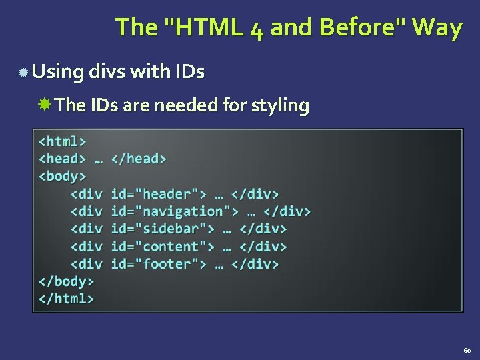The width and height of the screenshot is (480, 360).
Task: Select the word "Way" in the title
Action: pyautogui.click(x=437, y=27)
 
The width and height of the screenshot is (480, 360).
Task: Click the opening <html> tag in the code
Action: pyautogui.click(x=62, y=141)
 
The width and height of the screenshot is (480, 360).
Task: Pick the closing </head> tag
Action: pyautogui.click(x=139, y=159)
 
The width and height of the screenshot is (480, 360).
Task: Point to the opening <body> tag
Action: pyautogui.click(x=62, y=177)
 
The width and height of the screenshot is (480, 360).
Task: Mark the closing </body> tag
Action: pyautogui.click(x=66, y=281)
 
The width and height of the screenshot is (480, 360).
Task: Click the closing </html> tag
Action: pyautogui.click(x=66, y=299)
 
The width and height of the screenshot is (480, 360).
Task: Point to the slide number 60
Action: pyautogui.click(x=467, y=350)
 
